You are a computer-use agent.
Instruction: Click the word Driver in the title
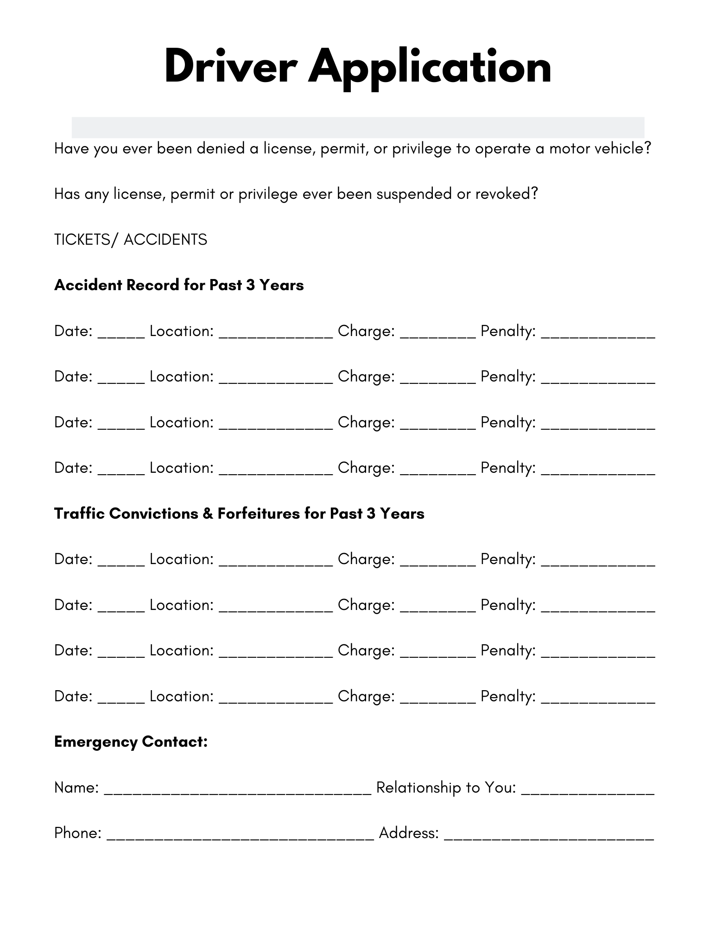(230, 67)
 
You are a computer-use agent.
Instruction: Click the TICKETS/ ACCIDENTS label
(131, 240)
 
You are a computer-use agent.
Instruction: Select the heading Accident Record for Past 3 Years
(179, 285)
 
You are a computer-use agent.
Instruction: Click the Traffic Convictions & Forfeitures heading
(239, 514)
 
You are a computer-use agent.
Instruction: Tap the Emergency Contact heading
(131, 742)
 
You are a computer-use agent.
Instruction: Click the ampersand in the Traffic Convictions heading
(208, 514)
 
